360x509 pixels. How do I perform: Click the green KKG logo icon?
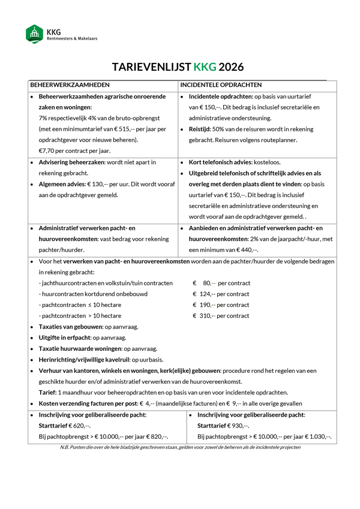[x=35, y=34]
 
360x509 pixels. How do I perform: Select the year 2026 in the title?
[x=232, y=67]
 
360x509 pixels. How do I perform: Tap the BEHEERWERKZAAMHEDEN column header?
[x=70, y=85]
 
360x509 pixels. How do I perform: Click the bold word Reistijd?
[x=202, y=129]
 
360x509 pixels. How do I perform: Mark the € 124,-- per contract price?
[x=205, y=294]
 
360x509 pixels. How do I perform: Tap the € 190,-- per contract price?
[x=205, y=305]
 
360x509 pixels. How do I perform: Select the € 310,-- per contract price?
[x=205, y=315]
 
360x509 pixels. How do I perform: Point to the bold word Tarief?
[x=47, y=393]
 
